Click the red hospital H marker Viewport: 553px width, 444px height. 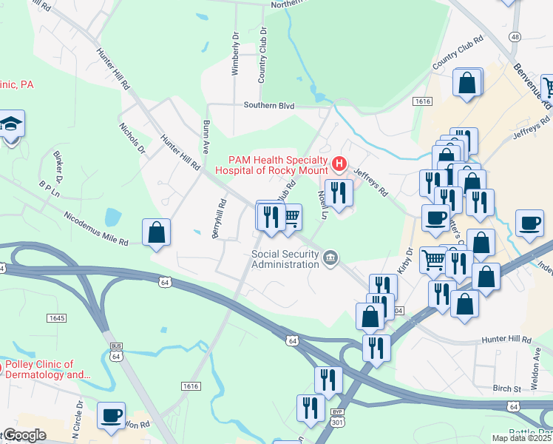tap(339, 163)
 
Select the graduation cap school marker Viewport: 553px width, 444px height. tap(12, 124)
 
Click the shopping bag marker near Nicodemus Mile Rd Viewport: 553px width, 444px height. tap(157, 232)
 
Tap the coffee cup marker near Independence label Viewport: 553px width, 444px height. tap(529, 223)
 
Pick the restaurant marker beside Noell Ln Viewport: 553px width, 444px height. tap(339, 193)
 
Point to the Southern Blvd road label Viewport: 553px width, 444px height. tap(270, 106)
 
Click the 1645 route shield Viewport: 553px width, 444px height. tap(56, 317)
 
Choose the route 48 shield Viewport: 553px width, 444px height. tap(515, 36)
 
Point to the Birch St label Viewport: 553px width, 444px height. tap(507, 388)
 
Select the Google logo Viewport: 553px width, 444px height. tap(24, 435)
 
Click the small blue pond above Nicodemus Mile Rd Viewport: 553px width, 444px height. tap(112, 217)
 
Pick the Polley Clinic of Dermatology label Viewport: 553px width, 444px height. tap(48, 369)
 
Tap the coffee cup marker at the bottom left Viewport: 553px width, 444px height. tap(111, 416)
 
